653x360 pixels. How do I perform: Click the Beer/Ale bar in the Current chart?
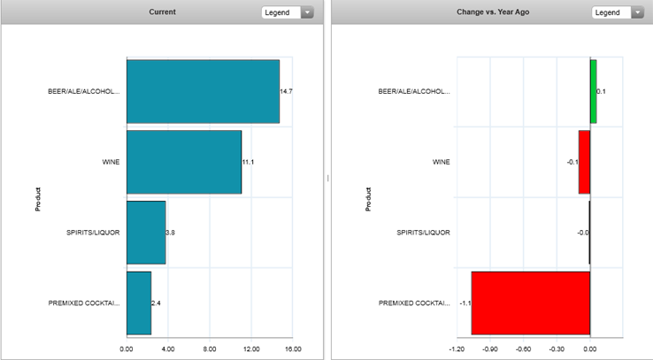203,91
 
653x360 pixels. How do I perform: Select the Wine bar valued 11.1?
184,162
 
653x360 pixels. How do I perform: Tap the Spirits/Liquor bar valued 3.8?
146,233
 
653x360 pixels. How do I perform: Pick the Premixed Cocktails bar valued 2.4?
139,303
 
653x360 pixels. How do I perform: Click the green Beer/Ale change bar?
594,91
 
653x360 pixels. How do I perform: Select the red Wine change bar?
584,162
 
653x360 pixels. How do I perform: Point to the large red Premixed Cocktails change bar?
530,303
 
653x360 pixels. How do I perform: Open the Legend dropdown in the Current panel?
288,12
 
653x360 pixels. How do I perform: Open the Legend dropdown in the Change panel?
618,12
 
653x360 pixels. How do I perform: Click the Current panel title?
162,12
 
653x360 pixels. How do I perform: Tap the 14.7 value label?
286,91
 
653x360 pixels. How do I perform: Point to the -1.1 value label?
464,303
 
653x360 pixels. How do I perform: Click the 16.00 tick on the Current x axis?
293,349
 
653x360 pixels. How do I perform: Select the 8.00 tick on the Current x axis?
210,349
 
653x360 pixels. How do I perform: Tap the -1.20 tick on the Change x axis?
457,349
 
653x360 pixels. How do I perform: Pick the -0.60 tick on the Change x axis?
524,349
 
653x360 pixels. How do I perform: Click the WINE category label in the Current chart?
111,162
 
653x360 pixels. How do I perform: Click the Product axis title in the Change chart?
368,199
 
